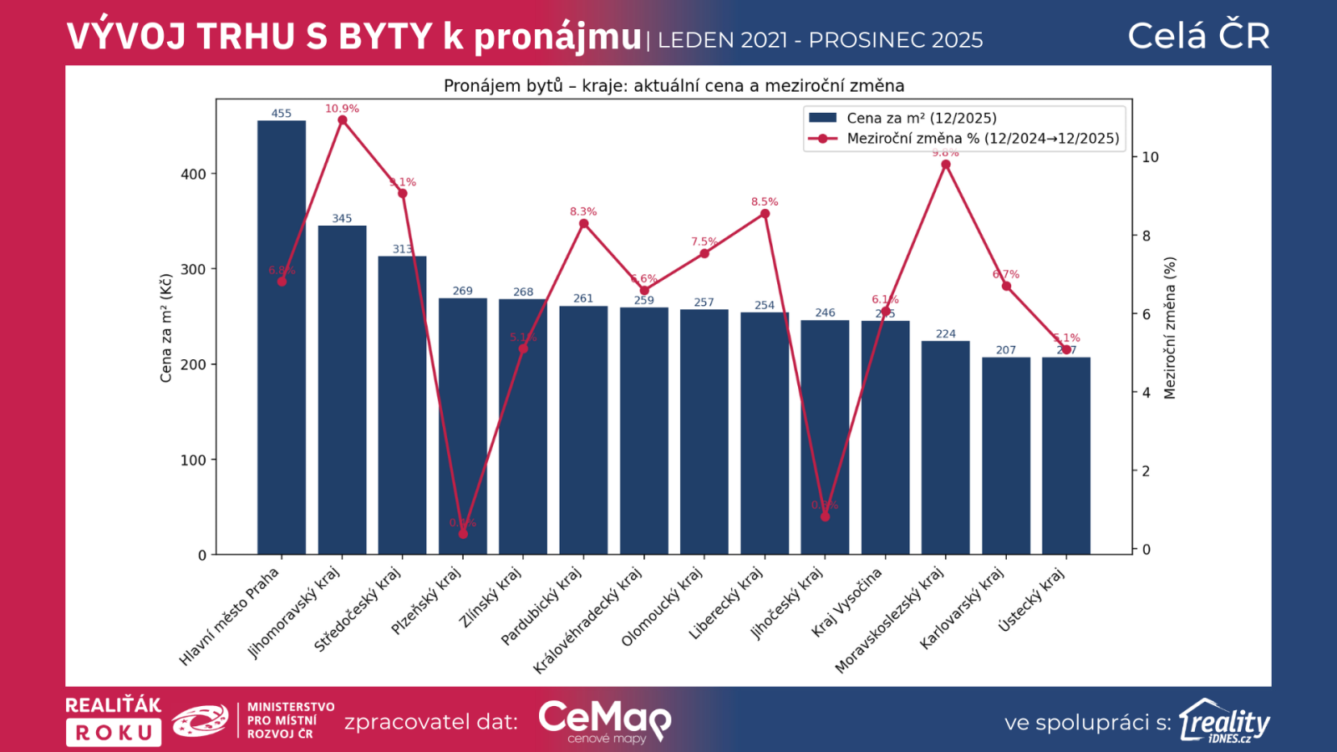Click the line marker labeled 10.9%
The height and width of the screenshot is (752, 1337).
tap(343, 120)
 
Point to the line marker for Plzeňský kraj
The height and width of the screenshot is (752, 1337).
tap(463, 534)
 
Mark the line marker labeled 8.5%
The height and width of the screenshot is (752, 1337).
tap(765, 214)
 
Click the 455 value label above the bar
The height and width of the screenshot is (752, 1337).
tap(282, 114)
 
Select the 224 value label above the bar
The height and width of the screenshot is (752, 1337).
tap(945, 334)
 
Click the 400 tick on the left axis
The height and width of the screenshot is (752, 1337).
tap(193, 175)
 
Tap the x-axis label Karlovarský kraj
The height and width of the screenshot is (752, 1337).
tap(963, 607)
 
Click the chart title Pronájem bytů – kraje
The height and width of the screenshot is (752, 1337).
tap(674, 86)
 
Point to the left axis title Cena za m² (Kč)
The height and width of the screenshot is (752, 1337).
tap(166, 328)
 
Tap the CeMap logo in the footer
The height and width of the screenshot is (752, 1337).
tap(604, 721)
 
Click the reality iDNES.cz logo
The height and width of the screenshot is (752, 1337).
tap(1224, 721)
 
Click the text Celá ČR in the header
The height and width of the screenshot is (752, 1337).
tap(1198, 36)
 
